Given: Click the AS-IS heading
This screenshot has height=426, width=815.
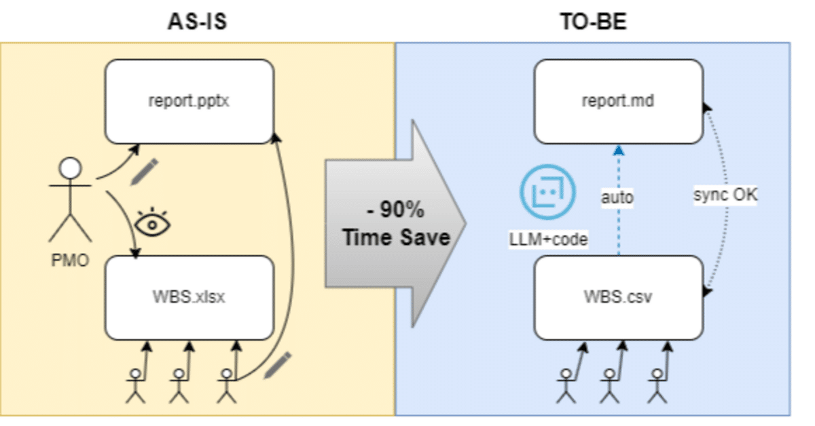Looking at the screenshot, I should coord(197,22).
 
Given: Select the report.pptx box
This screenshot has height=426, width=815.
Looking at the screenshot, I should coord(189,101).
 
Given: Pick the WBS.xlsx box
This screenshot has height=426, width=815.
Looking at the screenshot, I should coord(189,298).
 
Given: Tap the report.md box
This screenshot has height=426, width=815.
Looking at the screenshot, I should coord(618,101).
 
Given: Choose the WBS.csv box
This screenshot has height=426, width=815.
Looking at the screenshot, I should coord(618,298).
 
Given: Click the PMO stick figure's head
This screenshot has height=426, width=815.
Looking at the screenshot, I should coord(71,168).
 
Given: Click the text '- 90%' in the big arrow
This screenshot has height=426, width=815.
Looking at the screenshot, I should coord(396,210).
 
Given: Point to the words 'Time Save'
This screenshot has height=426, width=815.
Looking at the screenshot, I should coord(396,237).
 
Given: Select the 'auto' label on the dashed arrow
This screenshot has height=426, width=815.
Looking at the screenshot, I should coord(617,198).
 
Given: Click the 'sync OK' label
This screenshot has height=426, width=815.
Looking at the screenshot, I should coord(725,195).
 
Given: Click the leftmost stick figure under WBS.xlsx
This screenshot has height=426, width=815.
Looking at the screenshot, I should coord(136,384).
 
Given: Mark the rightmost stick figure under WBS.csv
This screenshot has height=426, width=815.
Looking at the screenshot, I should coord(657,384).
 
